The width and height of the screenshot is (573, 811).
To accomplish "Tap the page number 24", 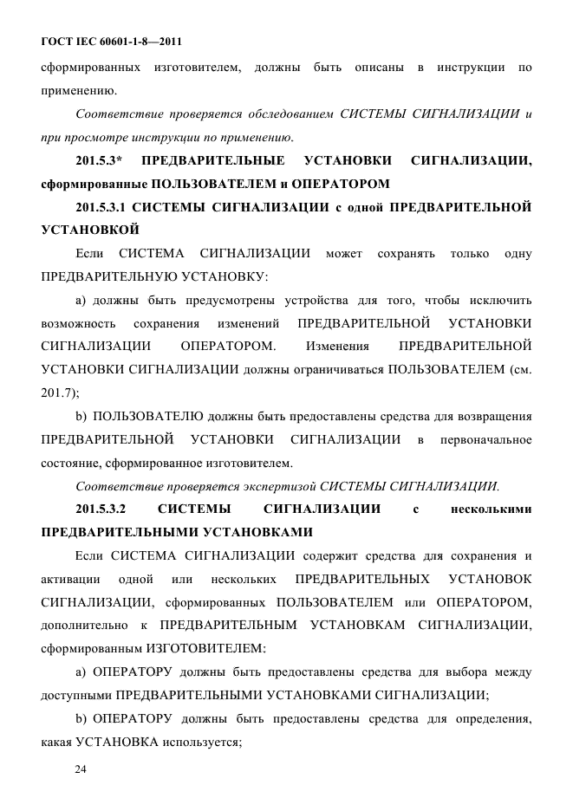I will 83,767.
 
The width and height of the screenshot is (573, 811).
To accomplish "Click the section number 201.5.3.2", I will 101,508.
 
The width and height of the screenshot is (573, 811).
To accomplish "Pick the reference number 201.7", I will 57,392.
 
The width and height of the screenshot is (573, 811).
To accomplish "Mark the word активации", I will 68,577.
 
